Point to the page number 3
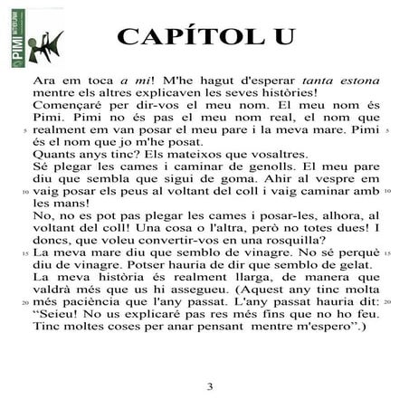click(x=209, y=387)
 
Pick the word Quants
click(x=51, y=155)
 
